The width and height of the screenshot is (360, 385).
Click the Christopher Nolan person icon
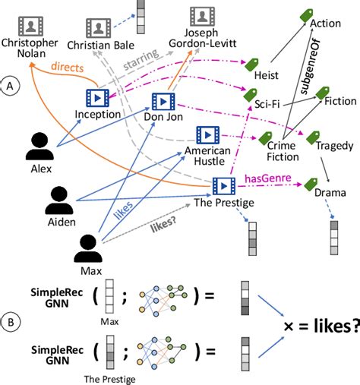tap(31, 26)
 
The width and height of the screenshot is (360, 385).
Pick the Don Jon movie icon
tap(163, 101)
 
